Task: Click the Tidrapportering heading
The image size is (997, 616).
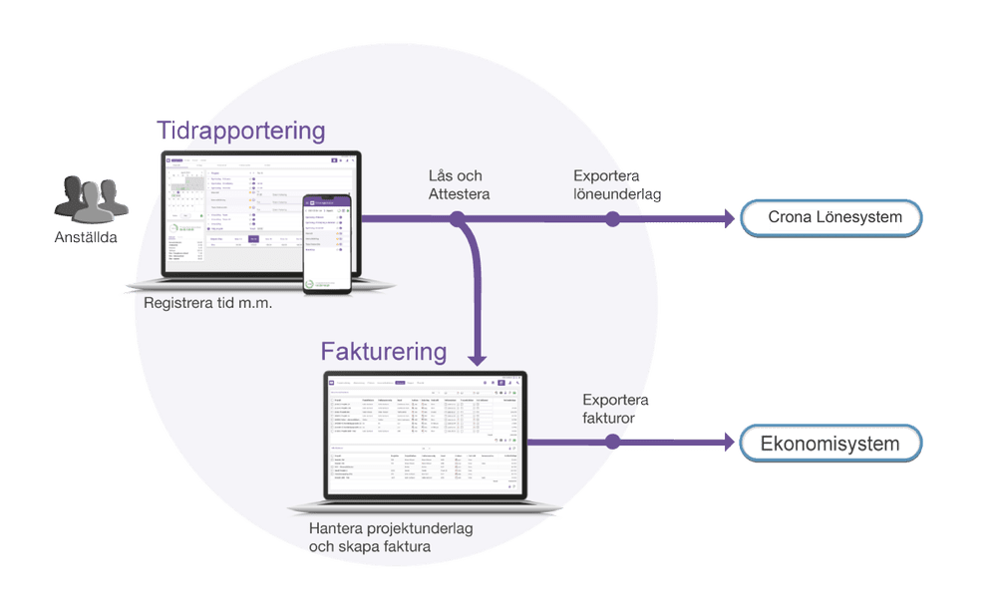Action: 240,131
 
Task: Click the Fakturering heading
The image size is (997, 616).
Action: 383,352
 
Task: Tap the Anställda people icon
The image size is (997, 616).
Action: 91,198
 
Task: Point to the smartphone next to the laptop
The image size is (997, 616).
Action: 328,245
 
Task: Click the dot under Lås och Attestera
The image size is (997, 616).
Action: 457,218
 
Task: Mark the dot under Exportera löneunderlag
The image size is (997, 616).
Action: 612,218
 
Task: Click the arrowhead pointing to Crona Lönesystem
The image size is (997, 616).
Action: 725,218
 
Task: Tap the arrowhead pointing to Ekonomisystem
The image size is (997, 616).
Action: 725,443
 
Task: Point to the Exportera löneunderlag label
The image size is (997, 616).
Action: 618,185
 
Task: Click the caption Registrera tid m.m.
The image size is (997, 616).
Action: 208,302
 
